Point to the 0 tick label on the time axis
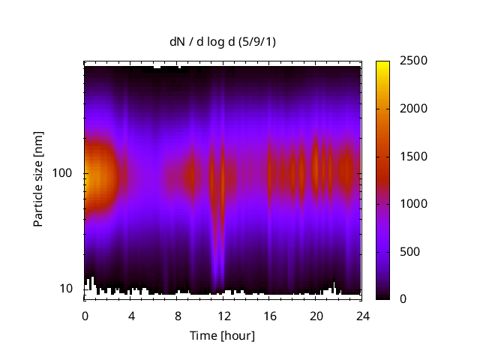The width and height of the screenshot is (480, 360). pos(85,316)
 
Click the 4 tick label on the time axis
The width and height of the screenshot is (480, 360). pos(131,316)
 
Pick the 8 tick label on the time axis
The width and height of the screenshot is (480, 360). pos(178,316)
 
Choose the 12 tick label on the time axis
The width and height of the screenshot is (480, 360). pos(223,316)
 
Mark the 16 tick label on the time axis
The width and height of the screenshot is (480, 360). pos(270,316)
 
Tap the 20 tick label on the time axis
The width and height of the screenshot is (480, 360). pos(316,316)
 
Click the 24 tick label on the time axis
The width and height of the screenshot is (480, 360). pos(363,316)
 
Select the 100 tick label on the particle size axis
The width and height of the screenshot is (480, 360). pos(62,173)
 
